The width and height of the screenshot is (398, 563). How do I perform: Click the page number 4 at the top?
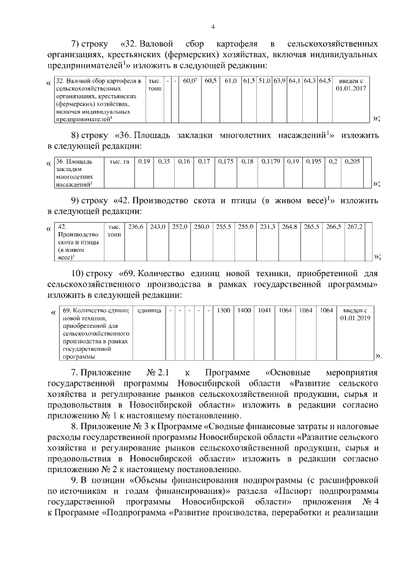point(213,26)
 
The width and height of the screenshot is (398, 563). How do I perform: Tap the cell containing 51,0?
point(264,81)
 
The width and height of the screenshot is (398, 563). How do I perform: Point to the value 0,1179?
point(271,162)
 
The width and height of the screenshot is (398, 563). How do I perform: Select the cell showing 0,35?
point(164,162)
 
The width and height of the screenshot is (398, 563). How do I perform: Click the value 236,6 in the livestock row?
point(136,227)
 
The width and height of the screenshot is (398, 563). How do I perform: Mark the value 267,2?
point(354,227)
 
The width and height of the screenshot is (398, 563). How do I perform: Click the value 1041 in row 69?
point(265,310)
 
